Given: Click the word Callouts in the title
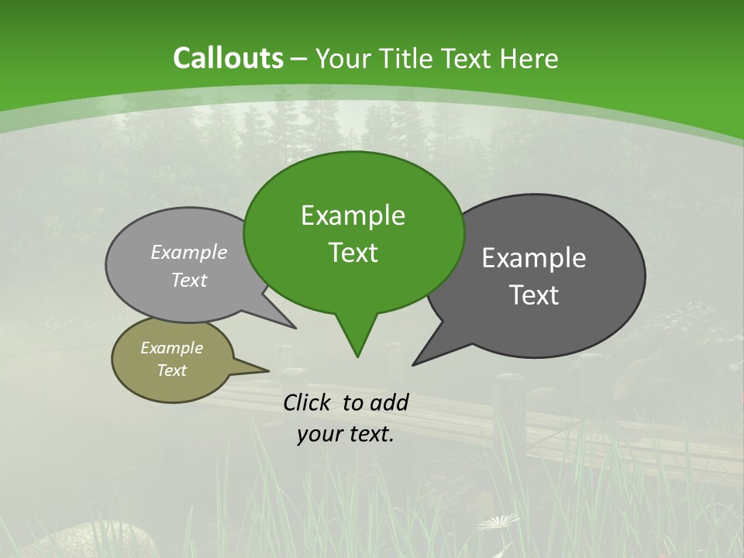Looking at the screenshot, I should [x=228, y=58].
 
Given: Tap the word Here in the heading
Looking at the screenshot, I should [x=530, y=59].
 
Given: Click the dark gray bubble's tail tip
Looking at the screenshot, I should [x=414, y=364].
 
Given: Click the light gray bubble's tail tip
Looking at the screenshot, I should [x=294, y=328].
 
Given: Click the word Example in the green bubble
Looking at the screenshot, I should [x=353, y=215].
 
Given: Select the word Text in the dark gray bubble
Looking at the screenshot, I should [x=534, y=295].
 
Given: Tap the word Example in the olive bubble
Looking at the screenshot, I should [x=171, y=348].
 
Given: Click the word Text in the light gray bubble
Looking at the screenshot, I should [x=189, y=281].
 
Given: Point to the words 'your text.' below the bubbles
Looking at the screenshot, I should [x=346, y=435].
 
